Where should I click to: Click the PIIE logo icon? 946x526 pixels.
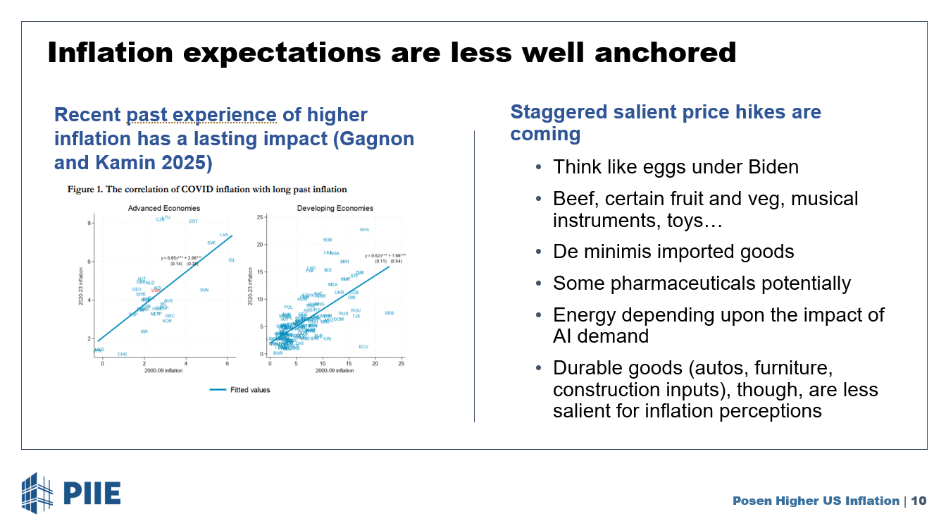coord(37,493)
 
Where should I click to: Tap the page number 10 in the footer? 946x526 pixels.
coord(919,501)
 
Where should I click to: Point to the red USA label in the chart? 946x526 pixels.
coord(155,290)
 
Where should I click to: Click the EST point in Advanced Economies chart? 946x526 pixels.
coord(194,221)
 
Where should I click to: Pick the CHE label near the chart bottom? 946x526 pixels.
coord(123,354)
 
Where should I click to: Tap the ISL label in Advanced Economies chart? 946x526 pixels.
coord(232,260)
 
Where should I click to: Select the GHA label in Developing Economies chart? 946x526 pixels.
coord(364,229)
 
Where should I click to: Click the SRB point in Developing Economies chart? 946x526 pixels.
coord(390,312)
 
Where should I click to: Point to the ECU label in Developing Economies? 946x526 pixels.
coord(363,346)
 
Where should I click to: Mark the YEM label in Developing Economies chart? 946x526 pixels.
coord(328,240)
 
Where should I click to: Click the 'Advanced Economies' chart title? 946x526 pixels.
coord(164,208)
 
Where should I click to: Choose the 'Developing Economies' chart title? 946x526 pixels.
coord(335,208)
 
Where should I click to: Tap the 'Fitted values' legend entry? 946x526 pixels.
coord(250,390)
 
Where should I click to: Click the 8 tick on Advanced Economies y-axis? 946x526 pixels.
coord(89,223)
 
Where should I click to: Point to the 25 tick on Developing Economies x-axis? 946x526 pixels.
coord(401,363)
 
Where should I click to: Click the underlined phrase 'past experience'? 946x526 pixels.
coord(201,115)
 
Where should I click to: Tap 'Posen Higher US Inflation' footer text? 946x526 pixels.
coord(816,501)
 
